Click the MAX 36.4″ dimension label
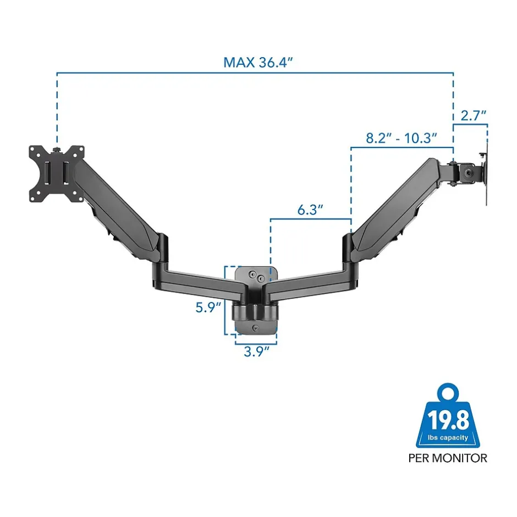pyautogui.click(x=258, y=63)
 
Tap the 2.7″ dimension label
pyautogui.click(x=474, y=116)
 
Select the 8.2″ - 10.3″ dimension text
pyautogui.click(x=402, y=138)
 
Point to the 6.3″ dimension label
pyautogui.click(x=310, y=210)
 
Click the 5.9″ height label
pyautogui.click(x=208, y=307)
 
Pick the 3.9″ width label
pyautogui.click(x=256, y=351)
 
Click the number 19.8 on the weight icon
pyautogui.click(x=448, y=420)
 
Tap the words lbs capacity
pyautogui.click(x=448, y=438)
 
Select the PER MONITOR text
pyautogui.click(x=448, y=458)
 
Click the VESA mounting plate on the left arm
pyautogui.click(x=57, y=174)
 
